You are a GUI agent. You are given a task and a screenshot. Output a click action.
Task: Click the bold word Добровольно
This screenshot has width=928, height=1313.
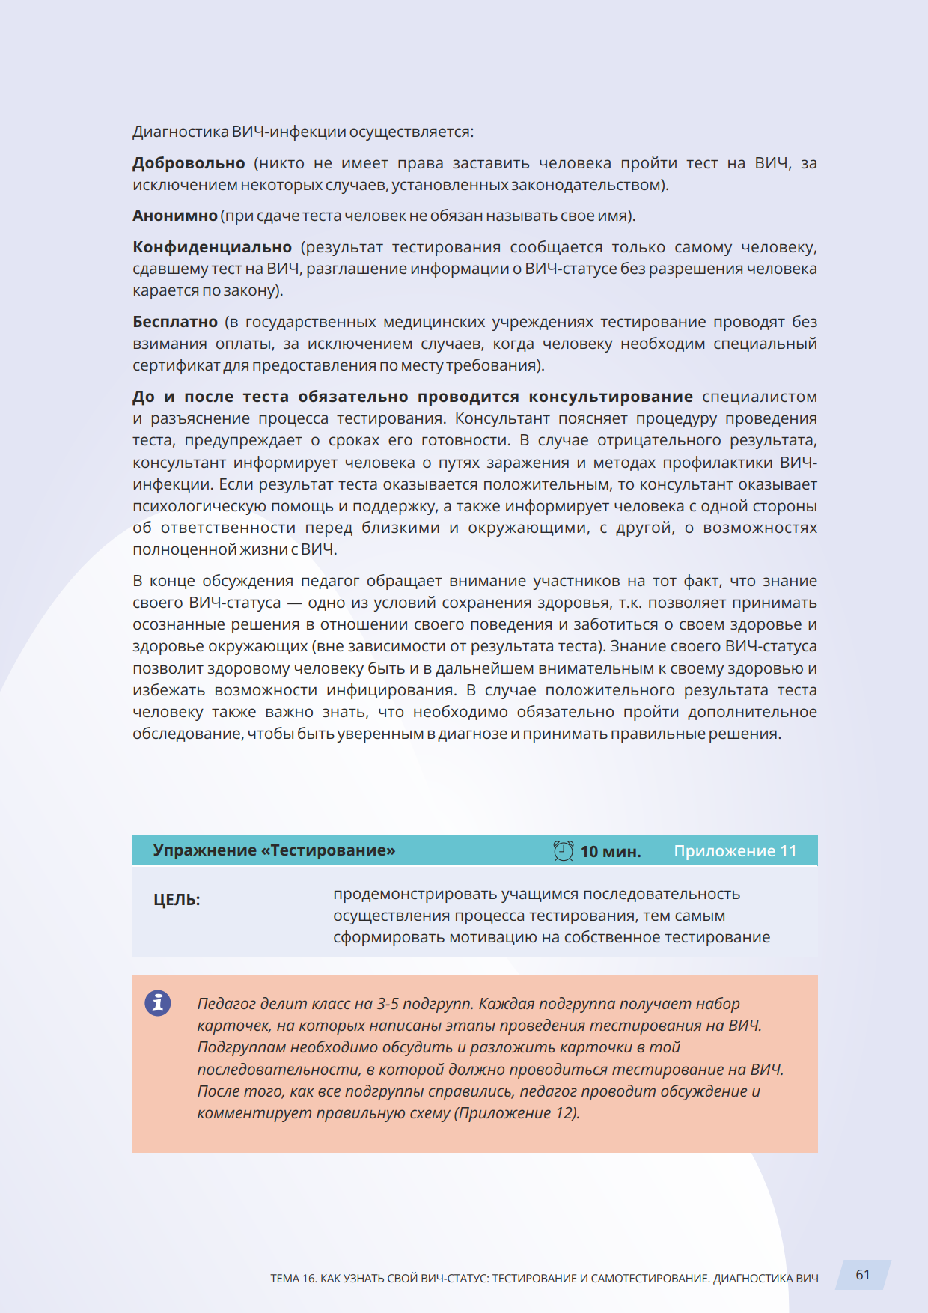pyautogui.click(x=189, y=163)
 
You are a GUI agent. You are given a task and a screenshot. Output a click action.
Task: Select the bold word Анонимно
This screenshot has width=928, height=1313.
pyautogui.click(x=175, y=216)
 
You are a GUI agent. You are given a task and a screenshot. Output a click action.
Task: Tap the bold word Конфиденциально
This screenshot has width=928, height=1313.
pyautogui.click(x=212, y=247)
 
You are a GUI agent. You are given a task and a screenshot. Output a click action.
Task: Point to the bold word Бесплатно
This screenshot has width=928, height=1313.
pyautogui.click(x=175, y=322)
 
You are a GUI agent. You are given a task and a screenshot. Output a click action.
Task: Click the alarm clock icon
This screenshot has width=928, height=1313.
pyautogui.click(x=563, y=850)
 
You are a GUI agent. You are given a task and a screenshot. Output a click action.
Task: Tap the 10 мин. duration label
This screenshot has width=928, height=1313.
pyautogui.click(x=611, y=851)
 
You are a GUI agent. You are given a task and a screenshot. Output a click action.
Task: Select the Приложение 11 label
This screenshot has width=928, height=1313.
pyautogui.click(x=735, y=851)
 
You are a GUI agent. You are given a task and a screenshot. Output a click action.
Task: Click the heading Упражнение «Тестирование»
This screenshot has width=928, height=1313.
pyautogui.click(x=274, y=850)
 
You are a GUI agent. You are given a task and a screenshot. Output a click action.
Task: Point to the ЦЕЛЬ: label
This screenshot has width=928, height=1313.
pyautogui.click(x=177, y=900)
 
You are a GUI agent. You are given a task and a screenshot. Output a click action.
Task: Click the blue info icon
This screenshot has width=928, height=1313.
pyautogui.click(x=158, y=1002)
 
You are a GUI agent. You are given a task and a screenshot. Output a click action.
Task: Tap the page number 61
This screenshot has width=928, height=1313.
pyautogui.click(x=863, y=1275)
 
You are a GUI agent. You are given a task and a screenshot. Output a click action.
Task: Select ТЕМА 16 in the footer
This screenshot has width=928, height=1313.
pyautogui.click(x=293, y=1279)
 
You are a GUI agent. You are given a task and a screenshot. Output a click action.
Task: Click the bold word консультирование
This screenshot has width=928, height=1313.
pyautogui.click(x=611, y=397)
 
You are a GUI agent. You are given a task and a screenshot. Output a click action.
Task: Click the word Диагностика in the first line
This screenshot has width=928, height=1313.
pyautogui.click(x=180, y=132)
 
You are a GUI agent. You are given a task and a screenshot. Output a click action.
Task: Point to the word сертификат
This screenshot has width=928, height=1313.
pyautogui.click(x=177, y=365)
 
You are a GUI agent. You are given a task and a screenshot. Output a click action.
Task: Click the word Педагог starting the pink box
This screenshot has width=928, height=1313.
pyautogui.click(x=225, y=1004)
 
